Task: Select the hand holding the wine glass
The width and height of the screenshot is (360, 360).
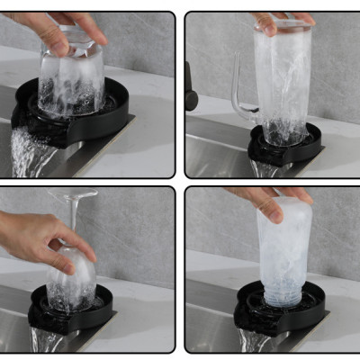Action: point(36,238)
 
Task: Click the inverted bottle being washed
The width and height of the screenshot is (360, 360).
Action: point(283,252)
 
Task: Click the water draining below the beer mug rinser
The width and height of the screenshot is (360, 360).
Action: point(265,168)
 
